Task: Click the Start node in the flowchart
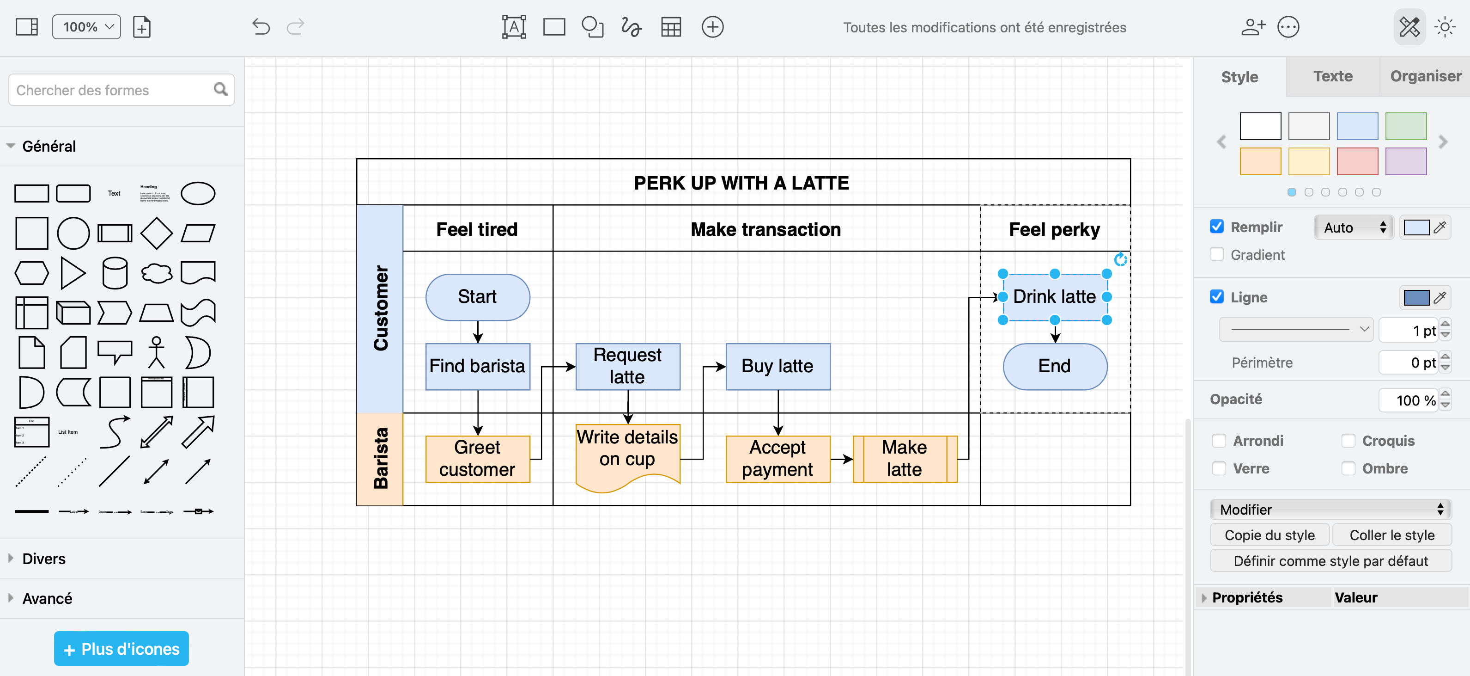pyautogui.click(x=478, y=297)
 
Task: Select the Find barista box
pyautogui.click(x=478, y=366)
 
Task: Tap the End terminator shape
pyautogui.click(x=1055, y=366)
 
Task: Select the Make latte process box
pyautogui.click(x=905, y=459)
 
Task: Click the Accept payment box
pyautogui.click(x=777, y=459)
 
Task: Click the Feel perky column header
pyautogui.click(x=1054, y=229)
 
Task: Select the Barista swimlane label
pyautogui.click(x=380, y=459)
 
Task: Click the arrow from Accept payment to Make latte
pyautogui.click(x=841, y=459)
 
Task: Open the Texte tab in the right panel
pyautogui.click(x=1332, y=76)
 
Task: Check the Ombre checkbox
pyautogui.click(x=1349, y=468)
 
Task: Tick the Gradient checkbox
pyautogui.click(x=1217, y=255)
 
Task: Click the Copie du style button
pyautogui.click(x=1269, y=535)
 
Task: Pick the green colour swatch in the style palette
pyautogui.click(x=1405, y=126)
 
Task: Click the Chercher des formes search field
pyautogui.click(x=111, y=90)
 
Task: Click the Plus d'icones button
pyautogui.click(x=121, y=649)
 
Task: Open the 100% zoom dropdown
pyautogui.click(x=87, y=27)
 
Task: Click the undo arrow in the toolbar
pyautogui.click(x=261, y=27)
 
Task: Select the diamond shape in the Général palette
pyautogui.click(x=156, y=233)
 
